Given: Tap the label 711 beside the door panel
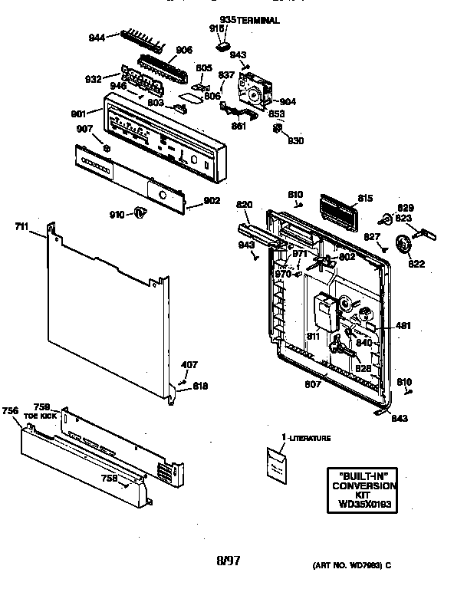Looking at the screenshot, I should click(x=22, y=226).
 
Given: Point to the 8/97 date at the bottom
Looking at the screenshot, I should click(x=229, y=561).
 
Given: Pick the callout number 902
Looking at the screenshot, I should click(x=211, y=201).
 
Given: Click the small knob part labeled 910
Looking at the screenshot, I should click(x=140, y=212).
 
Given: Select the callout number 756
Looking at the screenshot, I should click(x=10, y=411).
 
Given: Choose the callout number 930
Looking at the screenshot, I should click(x=295, y=140).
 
